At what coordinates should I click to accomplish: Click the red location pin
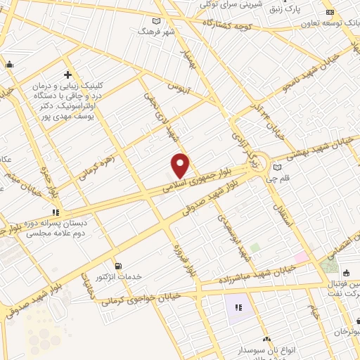[x=181, y=165]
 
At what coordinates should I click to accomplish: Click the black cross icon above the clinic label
[x=68, y=75]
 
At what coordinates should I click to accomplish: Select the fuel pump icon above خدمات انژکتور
[x=118, y=266]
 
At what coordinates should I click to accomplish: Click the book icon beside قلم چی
[x=278, y=167]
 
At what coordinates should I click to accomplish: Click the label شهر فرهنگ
[x=155, y=32]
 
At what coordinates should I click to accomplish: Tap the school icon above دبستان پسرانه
[x=55, y=212]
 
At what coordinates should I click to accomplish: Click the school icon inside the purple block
[x=238, y=307]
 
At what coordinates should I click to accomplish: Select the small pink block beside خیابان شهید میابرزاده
[x=301, y=257]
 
